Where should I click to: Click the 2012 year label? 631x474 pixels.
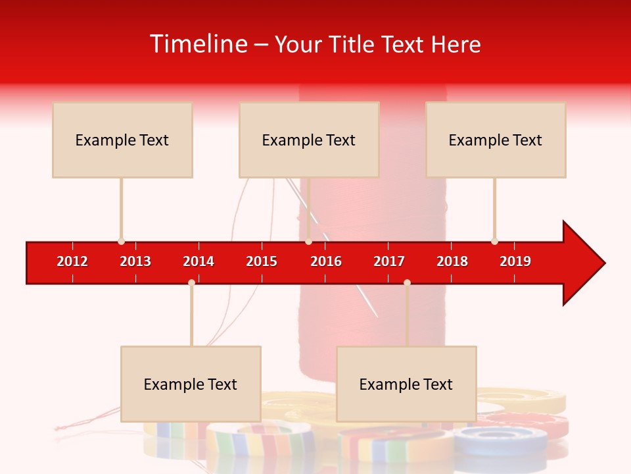pos(72,261)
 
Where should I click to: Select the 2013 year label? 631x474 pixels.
pos(135,261)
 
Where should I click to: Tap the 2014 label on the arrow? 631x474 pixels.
pos(199,261)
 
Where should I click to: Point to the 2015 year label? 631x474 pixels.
pos(262,261)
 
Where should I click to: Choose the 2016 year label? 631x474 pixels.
pos(326,261)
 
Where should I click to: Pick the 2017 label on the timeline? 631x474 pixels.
pos(389,261)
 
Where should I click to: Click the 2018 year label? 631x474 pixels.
pos(452,261)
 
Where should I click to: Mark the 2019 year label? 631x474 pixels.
pos(515,261)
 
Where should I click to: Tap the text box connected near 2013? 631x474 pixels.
pos(122,140)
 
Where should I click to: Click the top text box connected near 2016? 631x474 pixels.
pos(309,140)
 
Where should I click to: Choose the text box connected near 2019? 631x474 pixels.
pos(496,140)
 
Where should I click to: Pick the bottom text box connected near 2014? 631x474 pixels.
pos(191,384)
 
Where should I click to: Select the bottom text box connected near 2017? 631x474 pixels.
pos(406,384)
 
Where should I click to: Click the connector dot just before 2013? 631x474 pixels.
pos(121,242)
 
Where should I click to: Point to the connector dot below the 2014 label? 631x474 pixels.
pos(191,282)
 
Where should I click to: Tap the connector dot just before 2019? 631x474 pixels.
pos(494,242)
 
